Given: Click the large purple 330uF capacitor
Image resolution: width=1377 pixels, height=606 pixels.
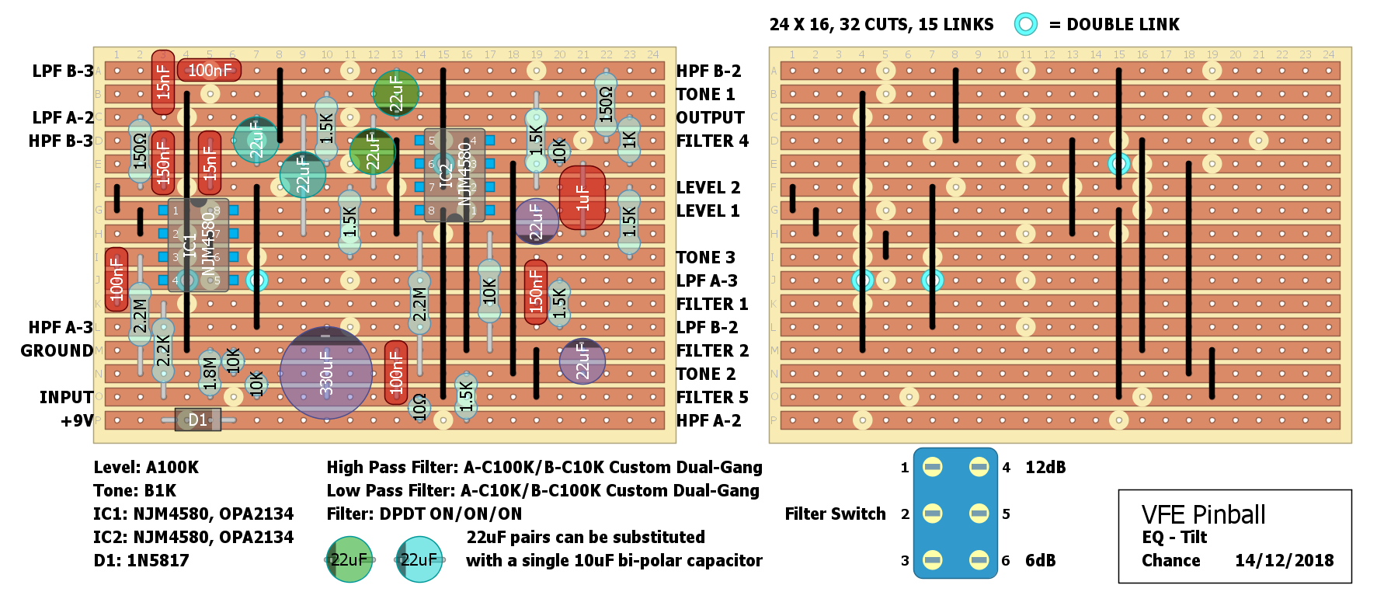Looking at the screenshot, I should coord(325,373).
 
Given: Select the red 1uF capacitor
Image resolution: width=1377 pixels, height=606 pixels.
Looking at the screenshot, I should coord(582,197).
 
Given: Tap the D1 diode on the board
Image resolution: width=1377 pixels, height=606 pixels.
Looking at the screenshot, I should coord(198,420).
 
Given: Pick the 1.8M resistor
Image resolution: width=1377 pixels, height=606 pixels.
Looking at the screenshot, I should coord(210,372).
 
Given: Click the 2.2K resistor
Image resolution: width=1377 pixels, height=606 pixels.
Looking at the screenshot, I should coord(163,350).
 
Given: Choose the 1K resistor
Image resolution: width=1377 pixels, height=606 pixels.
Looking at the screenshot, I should coord(629,140).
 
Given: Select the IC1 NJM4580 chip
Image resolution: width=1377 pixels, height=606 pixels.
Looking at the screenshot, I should coord(198,244).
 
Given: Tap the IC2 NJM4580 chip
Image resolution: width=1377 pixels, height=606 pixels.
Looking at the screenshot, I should coord(454,176).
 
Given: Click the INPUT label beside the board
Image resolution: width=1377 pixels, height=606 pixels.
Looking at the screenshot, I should coord(66,397).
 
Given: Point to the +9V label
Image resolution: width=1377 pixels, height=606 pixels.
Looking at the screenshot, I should coord(77,420).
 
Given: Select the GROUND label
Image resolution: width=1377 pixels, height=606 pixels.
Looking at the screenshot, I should coord(57,350).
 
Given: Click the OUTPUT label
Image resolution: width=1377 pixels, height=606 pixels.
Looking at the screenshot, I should coord(710,117).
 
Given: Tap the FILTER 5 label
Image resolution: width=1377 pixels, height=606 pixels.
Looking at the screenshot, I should coord(712,397).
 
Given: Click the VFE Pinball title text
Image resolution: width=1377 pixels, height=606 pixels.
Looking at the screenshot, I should coord(1203,514).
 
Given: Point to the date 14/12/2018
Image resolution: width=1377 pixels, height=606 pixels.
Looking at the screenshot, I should coord(1284,560).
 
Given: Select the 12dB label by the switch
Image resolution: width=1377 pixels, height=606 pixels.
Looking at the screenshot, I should coord(1045,467).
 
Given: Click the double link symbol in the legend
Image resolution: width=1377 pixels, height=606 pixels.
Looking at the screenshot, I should coord(1025,24).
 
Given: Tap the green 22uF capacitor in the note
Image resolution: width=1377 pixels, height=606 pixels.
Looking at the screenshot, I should coord(349,559).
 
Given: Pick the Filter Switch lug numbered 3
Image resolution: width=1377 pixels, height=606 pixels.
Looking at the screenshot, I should coord(932,560).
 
